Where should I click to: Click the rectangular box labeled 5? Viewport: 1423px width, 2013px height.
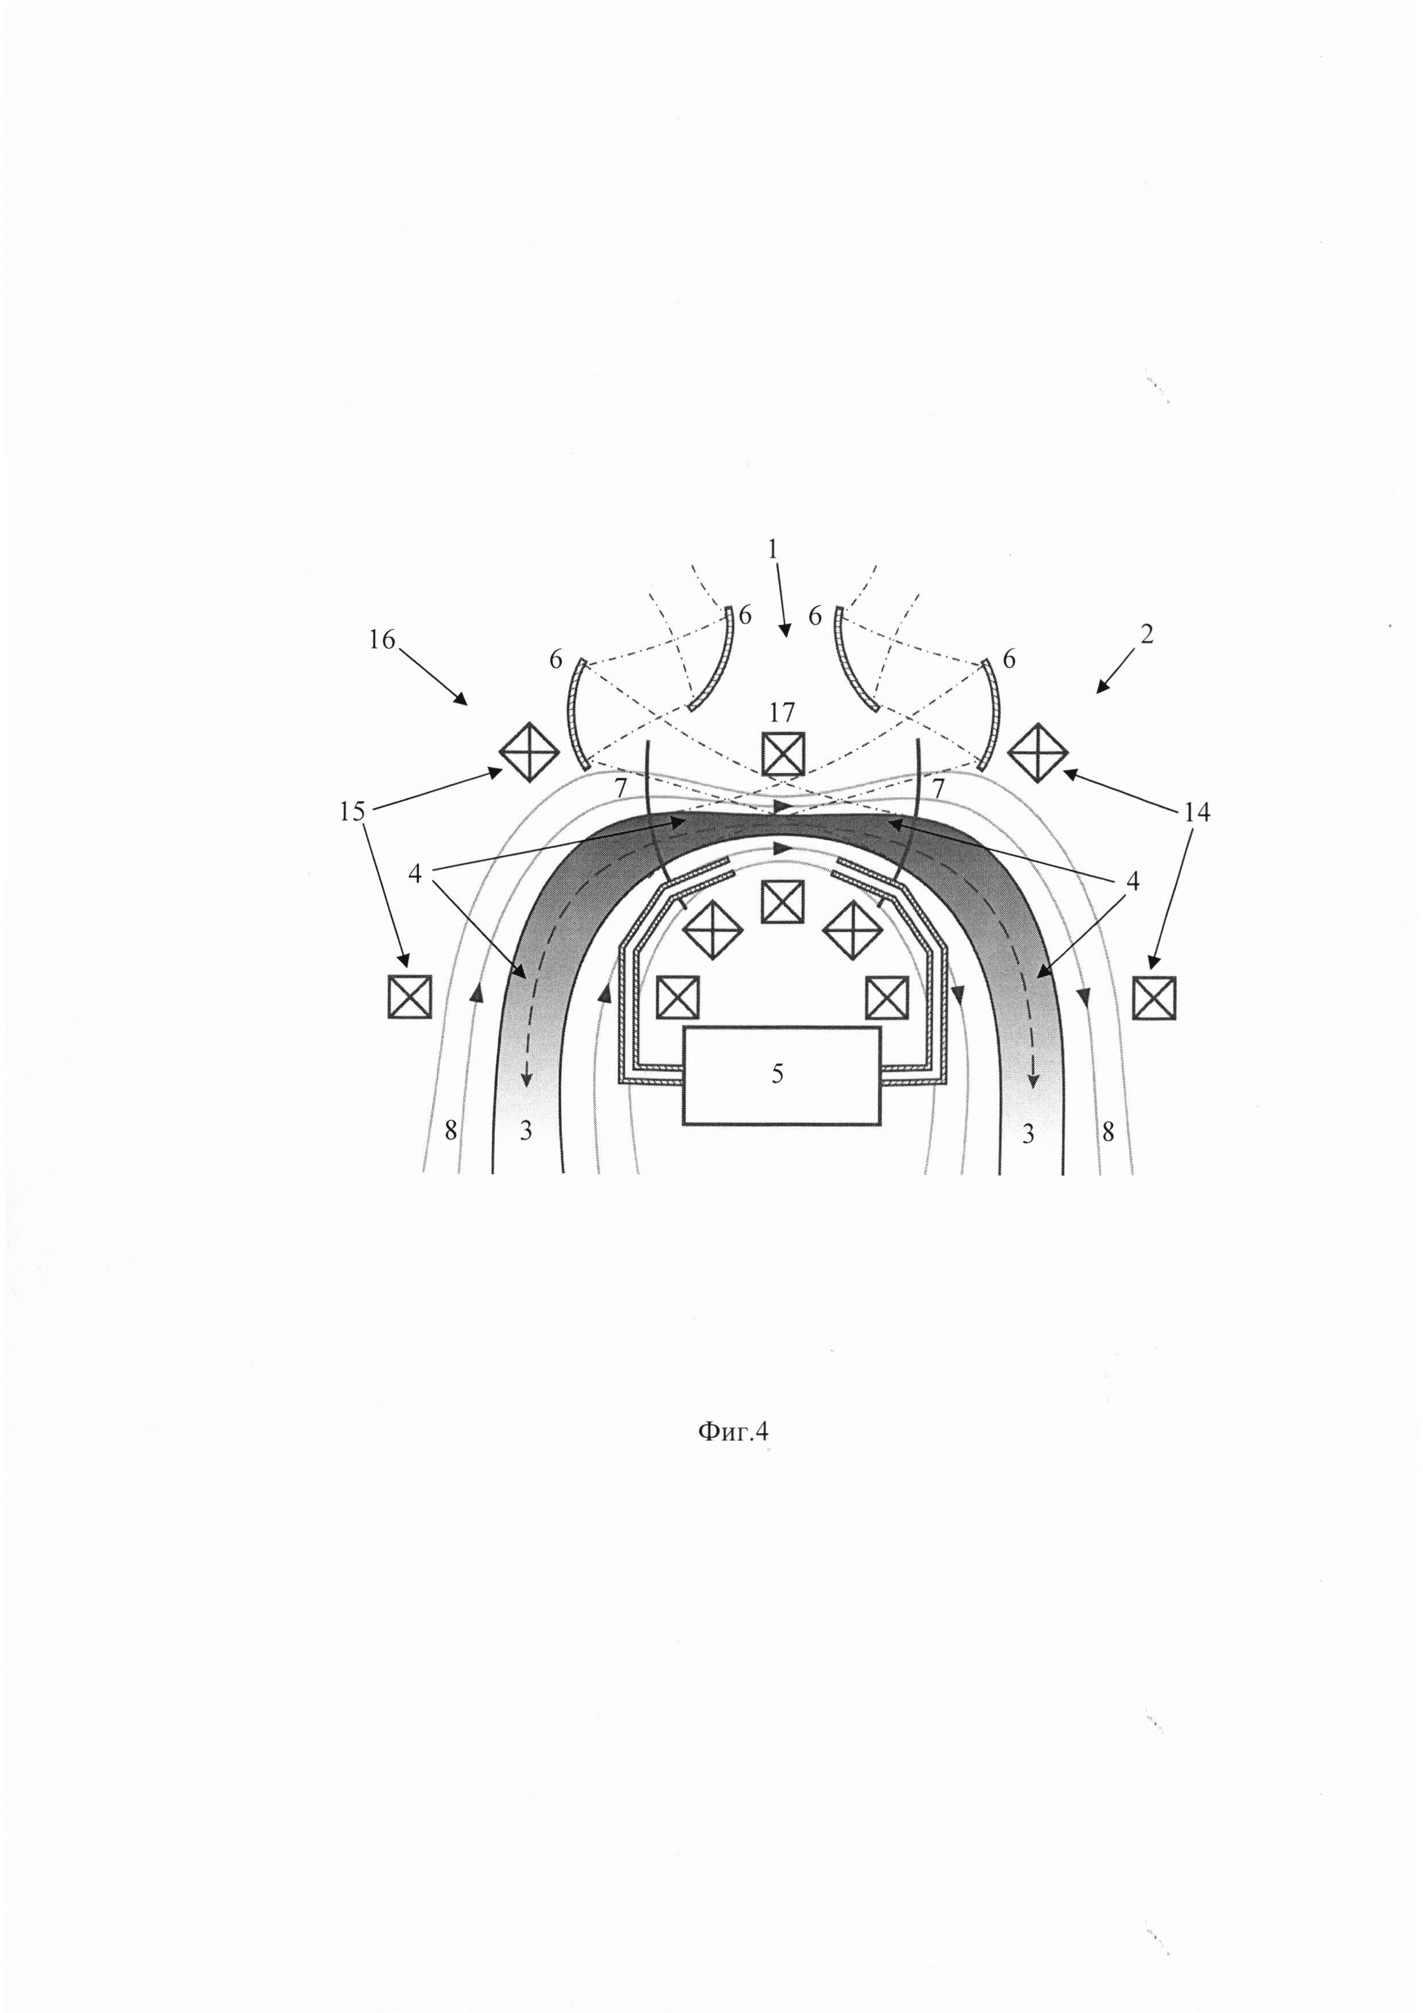point(782,1076)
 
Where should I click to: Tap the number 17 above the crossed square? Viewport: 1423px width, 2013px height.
point(782,711)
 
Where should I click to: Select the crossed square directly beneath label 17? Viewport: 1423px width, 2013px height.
point(783,754)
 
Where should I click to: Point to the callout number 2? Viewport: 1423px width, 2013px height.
point(1146,634)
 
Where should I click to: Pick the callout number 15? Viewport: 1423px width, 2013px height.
point(352,812)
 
